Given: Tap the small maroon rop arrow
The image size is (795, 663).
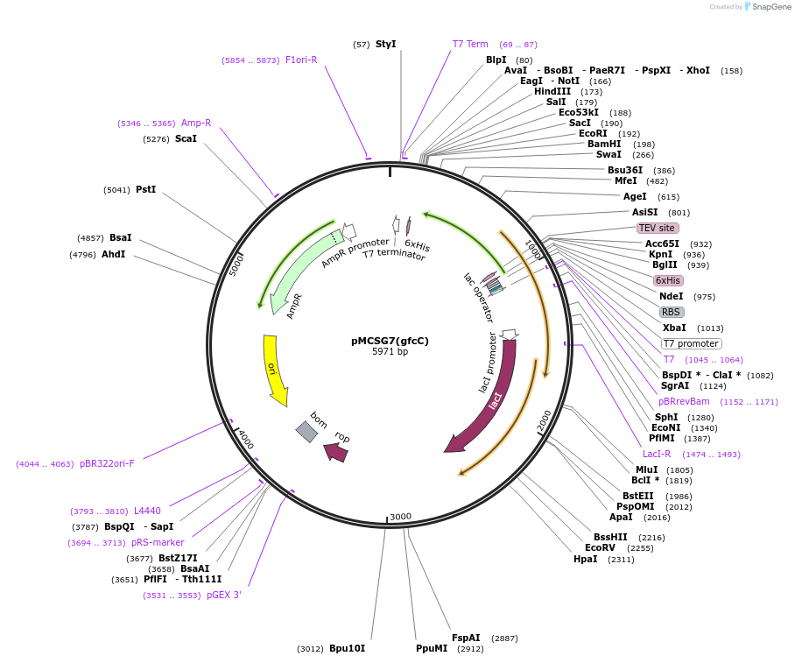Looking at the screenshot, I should pyautogui.click(x=335, y=452).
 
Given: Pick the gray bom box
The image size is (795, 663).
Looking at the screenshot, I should pyautogui.click(x=306, y=431).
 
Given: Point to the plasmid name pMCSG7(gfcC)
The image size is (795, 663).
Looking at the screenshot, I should pyautogui.click(x=390, y=341).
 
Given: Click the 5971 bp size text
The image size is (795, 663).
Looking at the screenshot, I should pyautogui.click(x=390, y=352).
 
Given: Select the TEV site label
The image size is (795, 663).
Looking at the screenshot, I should pyautogui.click(x=657, y=228).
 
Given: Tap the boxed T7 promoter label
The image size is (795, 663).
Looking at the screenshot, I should pyautogui.click(x=691, y=343).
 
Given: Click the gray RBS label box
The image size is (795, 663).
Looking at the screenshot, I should pyautogui.click(x=671, y=312).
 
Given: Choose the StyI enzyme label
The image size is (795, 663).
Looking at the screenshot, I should pyautogui.click(x=385, y=44).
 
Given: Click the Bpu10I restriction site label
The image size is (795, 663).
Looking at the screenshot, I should pyautogui.click(x=347, y=649).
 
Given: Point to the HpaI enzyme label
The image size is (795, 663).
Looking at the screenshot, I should pyautogui.click(x=585, y=559).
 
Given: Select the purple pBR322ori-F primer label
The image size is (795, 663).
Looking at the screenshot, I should pyautogui.click(x=107, y=463).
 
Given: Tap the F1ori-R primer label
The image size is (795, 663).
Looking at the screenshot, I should pyautogui.click(x=301, y=60).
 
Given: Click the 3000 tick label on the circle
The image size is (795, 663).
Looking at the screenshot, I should pyautogui.click(x=400, y=517).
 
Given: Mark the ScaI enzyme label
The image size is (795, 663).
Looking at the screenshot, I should pyautogui.click(x=186, y=138).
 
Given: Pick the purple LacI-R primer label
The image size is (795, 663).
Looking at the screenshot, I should pyautogui.click(x=657, y=454).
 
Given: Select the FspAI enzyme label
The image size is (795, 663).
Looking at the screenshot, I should pyautogui.click(x=466, y=638).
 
